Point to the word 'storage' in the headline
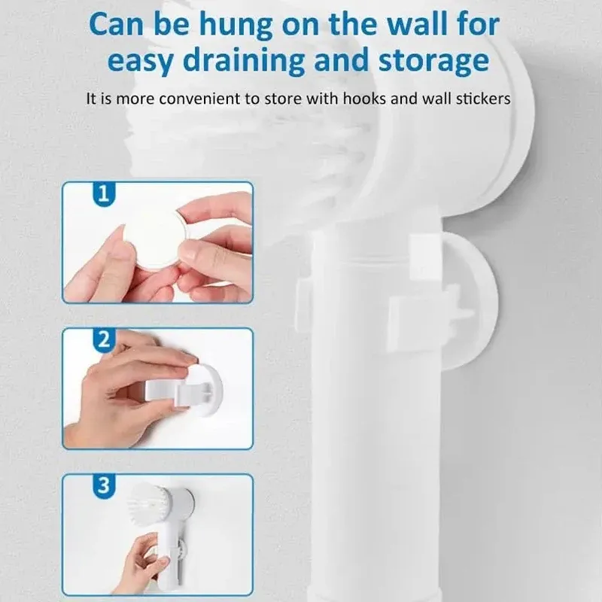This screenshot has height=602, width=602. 434,62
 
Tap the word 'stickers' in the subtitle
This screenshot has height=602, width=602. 483,99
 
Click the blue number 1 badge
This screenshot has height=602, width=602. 104,195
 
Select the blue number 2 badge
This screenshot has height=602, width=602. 104,340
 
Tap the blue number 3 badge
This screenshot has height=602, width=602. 104,486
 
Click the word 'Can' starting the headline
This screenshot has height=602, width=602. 116,25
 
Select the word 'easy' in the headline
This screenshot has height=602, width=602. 141,62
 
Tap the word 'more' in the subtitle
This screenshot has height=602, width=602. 135,99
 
